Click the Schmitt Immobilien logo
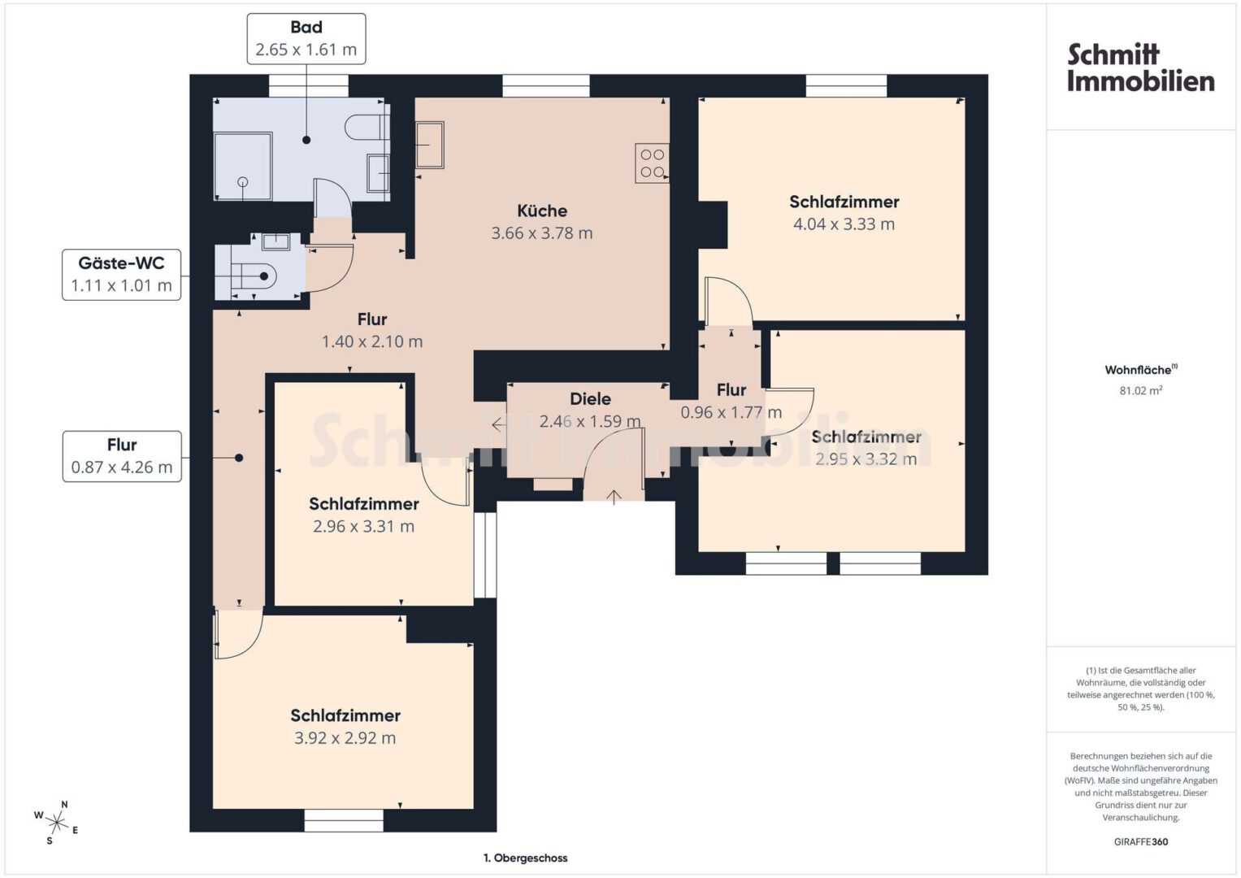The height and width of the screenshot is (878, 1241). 1140,67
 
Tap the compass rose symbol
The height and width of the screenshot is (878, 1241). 56,823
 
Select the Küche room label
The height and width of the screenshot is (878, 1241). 542,211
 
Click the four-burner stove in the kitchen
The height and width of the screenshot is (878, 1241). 652,163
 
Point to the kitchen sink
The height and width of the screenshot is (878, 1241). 430,145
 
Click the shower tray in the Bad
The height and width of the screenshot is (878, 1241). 243,167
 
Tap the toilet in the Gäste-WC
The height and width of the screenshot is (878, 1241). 257,276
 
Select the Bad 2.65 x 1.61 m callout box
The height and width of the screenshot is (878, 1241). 306,39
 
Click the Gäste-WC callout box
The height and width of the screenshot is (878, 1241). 121,275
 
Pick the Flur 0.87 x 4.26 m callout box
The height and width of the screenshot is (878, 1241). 122,456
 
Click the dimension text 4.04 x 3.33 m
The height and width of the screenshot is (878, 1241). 844,224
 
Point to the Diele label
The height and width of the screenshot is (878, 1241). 590,398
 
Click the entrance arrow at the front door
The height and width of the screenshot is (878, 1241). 614,497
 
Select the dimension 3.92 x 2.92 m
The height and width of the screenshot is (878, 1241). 345,738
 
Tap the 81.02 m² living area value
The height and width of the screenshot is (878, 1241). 1141,390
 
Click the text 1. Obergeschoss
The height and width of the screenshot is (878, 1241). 525,858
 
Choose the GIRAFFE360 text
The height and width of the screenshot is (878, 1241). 1141,841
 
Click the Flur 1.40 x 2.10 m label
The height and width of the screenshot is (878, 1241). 371,330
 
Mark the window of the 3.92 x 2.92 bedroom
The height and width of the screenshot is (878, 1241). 344,820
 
